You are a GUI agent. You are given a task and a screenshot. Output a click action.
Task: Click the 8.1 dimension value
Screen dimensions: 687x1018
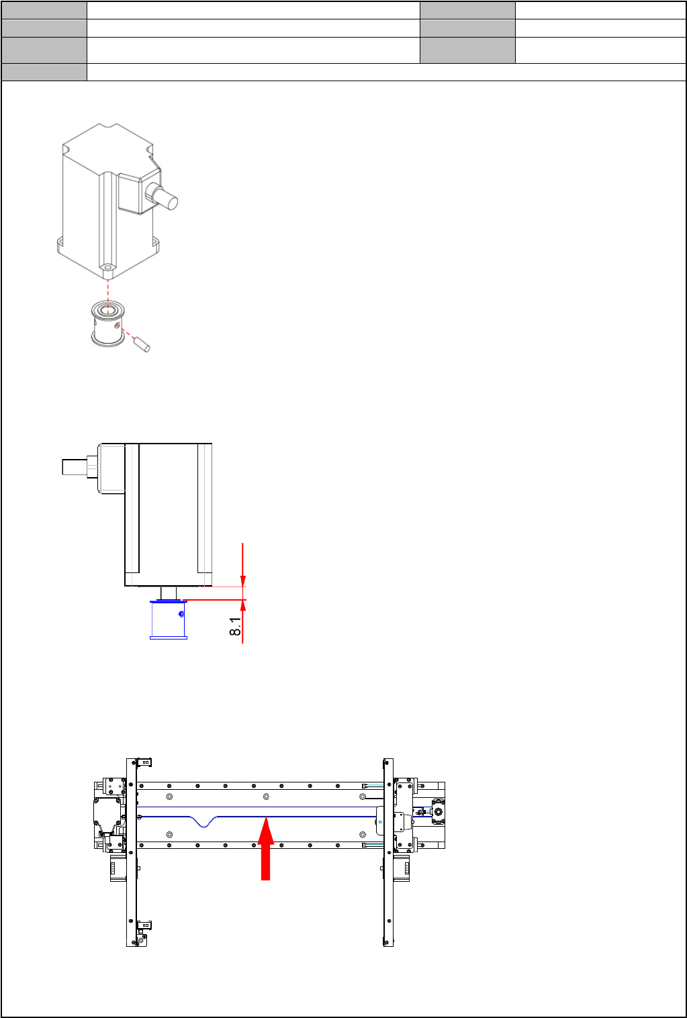coord(235,626)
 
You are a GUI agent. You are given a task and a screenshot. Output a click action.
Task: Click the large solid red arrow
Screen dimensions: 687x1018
coord(266,848)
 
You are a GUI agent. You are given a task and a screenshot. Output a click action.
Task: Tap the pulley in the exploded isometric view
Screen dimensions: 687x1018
coord(107,324)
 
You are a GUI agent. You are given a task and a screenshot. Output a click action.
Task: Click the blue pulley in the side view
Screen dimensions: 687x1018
coord(169,619)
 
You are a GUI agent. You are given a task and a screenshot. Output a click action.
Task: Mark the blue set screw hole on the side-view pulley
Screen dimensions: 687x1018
coord(181,614)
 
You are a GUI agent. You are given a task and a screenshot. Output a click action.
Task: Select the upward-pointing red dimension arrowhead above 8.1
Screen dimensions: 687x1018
coord(243,605)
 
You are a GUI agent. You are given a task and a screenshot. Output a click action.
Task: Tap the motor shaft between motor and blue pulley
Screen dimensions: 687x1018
coord(169,593)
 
